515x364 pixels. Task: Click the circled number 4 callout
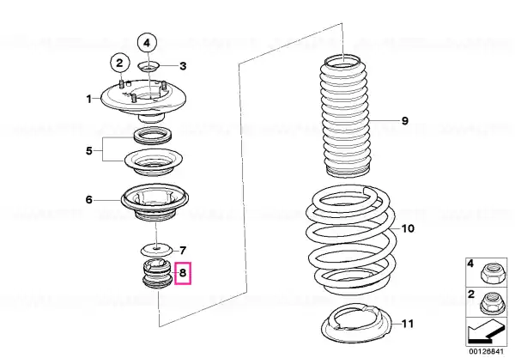tap(147, 43)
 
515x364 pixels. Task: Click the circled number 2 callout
tap(119, 63)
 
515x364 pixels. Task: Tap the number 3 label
tap(183, 66)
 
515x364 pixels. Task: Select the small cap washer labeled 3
tap(148, 67)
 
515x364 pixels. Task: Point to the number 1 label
tap(88, 99)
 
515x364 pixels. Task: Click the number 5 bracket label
tap(89, 151)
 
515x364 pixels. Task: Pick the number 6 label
tap(89, 200)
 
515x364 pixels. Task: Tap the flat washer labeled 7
tap(157, 251)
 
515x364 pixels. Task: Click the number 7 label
tap(183, 251)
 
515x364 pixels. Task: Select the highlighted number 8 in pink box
tap(183, 273)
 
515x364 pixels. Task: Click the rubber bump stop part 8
tap(157, 275)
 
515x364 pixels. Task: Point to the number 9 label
tap(405, 121)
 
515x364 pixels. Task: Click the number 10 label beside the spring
tap(408, 228)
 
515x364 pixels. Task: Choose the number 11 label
tap(408, 324)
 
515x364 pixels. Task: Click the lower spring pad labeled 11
tap(356, 325)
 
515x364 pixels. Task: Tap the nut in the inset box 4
tap(489, 275)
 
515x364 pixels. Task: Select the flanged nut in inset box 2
tap(489, 304)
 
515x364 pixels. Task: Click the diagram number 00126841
tap(486, 351)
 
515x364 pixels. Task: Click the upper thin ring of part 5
tap(152, 135)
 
